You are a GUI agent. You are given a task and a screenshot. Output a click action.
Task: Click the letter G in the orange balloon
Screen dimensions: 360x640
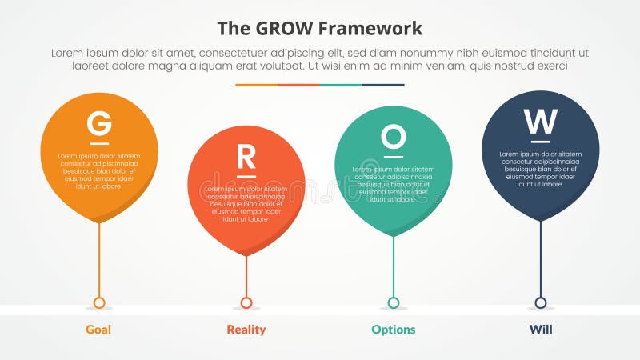99,124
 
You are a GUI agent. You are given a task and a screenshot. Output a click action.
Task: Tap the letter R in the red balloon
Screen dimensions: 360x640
246,156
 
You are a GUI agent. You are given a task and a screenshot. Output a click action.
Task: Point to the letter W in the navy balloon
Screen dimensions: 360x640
540,122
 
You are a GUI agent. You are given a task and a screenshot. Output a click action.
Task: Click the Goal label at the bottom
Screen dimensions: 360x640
98,330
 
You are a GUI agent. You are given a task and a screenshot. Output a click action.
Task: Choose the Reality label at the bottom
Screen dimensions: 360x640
246,330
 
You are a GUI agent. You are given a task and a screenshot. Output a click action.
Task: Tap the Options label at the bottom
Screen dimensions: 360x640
393,330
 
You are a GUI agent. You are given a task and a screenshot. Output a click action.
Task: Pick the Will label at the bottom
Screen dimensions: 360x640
540,330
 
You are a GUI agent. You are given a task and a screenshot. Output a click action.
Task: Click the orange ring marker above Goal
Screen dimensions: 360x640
99,302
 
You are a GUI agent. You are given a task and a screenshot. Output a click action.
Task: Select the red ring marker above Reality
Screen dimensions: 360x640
246,302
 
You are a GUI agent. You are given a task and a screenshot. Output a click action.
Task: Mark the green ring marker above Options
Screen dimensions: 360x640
393,302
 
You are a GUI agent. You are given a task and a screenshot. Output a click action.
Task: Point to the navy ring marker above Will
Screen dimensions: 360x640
540,302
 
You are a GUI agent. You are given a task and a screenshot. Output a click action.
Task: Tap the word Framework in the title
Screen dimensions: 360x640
370,29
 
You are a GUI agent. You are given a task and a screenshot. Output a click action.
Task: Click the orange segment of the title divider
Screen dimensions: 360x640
256,85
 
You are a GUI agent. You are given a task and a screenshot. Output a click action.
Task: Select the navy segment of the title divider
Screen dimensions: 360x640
383,85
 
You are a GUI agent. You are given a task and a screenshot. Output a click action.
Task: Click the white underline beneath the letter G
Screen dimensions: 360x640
99,143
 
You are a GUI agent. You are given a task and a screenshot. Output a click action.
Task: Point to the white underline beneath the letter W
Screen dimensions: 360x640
540,142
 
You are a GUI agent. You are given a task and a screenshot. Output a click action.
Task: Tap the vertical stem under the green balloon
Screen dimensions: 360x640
393,264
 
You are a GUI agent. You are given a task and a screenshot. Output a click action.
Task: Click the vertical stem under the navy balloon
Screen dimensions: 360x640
540,256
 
